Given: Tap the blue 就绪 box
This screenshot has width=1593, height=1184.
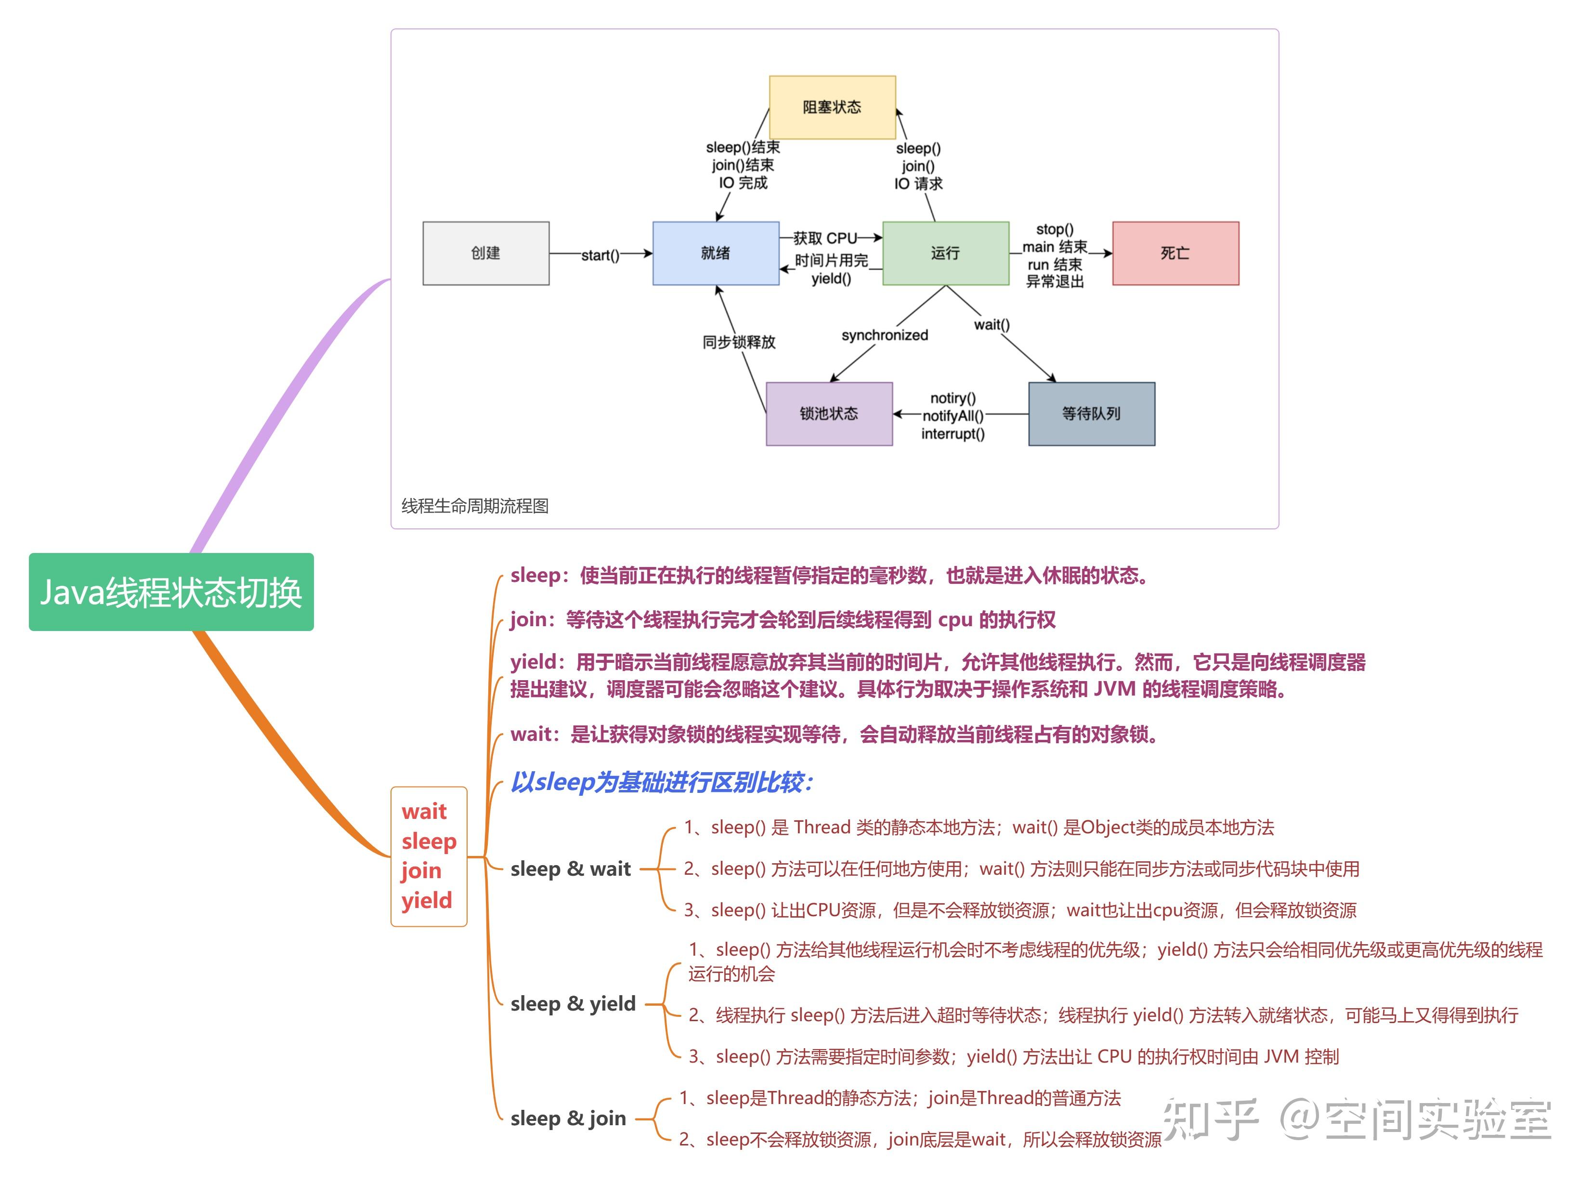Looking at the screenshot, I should (715, 253).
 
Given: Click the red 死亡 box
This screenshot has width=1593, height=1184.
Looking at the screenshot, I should (1175, 253).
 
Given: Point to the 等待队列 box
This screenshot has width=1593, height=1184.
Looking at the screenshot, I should (1091, 414).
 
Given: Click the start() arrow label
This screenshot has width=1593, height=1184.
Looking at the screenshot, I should (600, 255).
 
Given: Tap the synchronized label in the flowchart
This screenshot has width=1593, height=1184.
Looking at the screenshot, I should (884, 335).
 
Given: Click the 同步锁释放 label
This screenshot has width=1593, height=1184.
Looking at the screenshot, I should (739, 342).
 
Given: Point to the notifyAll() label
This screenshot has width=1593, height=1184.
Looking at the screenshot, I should (953, 416).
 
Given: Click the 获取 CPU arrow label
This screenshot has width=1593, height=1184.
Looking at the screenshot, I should (825, 238).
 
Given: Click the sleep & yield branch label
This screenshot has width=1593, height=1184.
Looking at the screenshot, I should (573, 1003).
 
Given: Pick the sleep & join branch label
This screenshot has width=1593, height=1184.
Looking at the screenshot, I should (568, 1118).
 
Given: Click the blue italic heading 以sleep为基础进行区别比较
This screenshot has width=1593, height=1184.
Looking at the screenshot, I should (661, 782).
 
